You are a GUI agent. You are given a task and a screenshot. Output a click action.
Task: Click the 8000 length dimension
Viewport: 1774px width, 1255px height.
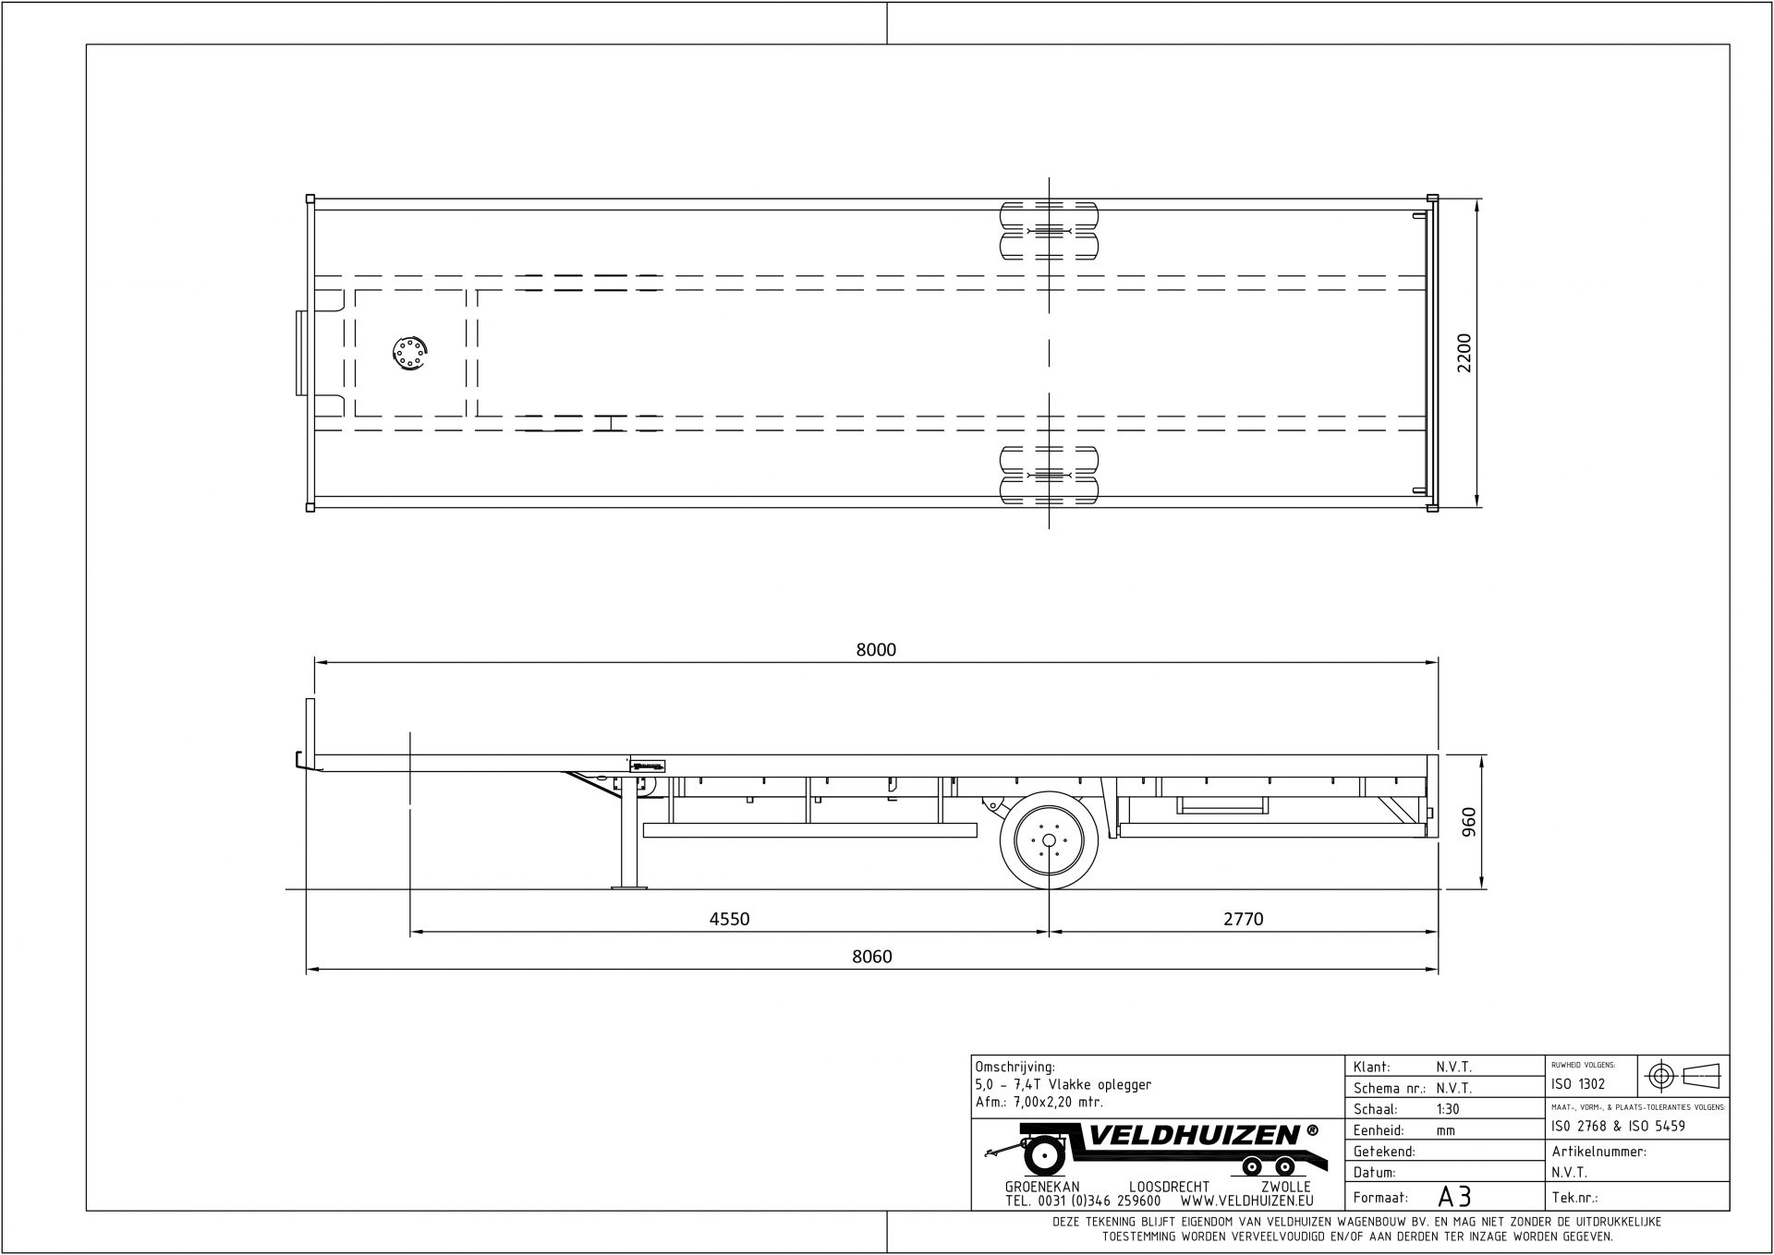[x=876, y=650]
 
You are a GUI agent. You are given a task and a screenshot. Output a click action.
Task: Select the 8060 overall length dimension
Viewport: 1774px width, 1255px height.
[x=871, y=957]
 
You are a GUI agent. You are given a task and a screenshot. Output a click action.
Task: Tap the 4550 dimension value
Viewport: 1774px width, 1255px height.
[x=729, y=919]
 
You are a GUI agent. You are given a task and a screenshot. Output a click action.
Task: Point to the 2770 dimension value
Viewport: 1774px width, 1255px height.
[x=1243, y=919]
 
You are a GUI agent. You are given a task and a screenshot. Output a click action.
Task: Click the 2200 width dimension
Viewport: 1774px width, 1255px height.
[x=1464, y=353]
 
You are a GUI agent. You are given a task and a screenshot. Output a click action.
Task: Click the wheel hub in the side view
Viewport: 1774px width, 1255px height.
[x=1049, y=840]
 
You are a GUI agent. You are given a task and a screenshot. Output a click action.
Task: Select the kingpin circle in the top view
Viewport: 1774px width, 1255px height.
[x=407, y=353]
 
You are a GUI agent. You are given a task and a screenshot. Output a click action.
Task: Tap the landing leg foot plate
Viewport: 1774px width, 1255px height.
[x=629, y=887]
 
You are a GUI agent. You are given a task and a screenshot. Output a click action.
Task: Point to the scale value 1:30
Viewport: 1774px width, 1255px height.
[x=1449, y=1109]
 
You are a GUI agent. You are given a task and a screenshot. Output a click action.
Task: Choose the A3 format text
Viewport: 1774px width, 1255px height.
[x=1454, y=1197]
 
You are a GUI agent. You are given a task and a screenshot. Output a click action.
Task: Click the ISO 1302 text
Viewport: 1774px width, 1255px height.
[x=1579, y=1084]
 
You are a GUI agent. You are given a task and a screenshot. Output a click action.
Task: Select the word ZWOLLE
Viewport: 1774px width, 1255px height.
[x=1285, y=1187]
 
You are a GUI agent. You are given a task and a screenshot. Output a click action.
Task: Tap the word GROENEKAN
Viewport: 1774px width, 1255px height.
[x=1041, y=1187]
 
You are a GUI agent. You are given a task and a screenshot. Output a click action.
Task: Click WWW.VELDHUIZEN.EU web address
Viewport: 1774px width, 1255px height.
[x=1246, y=1201]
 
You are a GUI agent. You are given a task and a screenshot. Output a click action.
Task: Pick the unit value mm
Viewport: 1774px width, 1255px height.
[x=1445, y=1130]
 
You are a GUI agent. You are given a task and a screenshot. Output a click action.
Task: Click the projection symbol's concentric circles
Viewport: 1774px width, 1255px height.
[x=1662, y=1076]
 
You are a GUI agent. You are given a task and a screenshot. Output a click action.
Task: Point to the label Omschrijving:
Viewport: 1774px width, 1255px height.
[x=1015, y=1067]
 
